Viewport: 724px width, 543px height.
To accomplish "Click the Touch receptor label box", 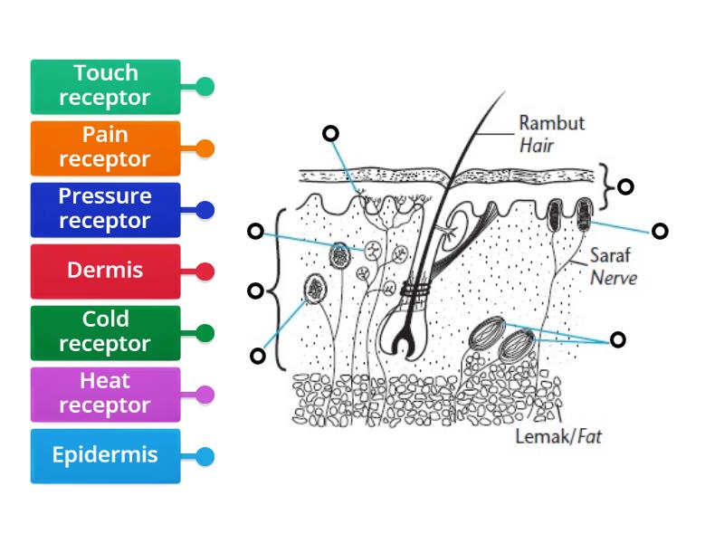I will coord(105,86).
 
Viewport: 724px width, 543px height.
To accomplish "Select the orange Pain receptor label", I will coord(105,148).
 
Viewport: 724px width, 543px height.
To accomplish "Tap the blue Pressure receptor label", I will coord(105,209).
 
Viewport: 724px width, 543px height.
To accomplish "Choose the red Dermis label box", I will coord(105,271).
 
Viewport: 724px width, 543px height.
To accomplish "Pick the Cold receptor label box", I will coord(105,332).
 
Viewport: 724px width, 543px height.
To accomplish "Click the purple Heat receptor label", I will coord(105,394).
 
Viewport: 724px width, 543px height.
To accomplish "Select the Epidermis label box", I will coord(105,455).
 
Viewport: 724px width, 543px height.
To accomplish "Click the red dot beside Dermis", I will coord(205,271).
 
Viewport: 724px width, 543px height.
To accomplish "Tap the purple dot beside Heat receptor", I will coord(205,395).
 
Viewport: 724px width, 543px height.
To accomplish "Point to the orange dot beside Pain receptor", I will coord(205,148).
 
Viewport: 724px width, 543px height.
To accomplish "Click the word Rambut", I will coord(551,123).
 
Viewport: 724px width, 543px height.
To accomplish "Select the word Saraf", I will coord(609,256).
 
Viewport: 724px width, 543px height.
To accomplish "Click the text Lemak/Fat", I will coord(558,437).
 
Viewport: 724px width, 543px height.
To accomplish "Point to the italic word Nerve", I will coord(614,277).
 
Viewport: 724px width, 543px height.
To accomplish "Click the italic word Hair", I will coord(536,144).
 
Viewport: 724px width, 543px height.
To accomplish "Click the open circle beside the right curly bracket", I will coord(624,186).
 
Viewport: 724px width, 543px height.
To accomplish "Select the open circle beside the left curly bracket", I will coord(256,291).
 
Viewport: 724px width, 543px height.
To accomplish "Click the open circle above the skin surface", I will coord(330,133).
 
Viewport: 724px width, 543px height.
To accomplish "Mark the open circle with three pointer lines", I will coord(617,339).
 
